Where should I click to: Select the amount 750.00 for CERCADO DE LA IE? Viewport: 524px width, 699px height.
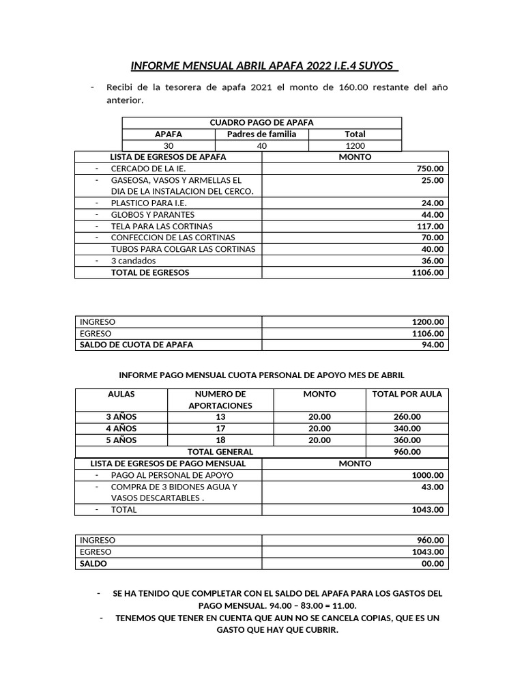pyautogui.click(x=430, y=169)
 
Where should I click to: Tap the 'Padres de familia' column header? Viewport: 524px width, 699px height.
pyautogui.click(x=261, y=134)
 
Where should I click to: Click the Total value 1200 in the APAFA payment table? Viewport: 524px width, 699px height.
pyautogui.click(x=355, y=145)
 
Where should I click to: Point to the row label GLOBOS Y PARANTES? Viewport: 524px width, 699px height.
pyautogui.click(x=152, y=214)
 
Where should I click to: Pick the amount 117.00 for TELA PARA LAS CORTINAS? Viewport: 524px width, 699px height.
pyautogui.click(x=430, y=226)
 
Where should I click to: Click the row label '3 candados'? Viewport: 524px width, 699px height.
pyautogui.click(x=133, y=261)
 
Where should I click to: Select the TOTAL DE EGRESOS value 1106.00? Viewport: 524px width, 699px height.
pyautogui.click(x=428, y=272)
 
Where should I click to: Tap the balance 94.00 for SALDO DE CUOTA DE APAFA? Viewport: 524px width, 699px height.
pyautogui.click(x=433, y=345)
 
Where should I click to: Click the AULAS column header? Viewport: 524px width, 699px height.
pyautogui.click(x=121, y=394)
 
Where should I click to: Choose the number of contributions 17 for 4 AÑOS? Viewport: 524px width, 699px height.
pyautogui.click(x=220, y=429)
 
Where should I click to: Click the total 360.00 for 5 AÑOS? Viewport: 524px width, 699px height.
pyautogui.click(x=407, y=440)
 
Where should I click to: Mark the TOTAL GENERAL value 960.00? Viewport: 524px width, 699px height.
pyautogui.click(x=407, y=452)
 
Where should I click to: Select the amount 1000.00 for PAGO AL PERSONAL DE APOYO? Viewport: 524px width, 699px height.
pyautogui.click(x=428, y=475)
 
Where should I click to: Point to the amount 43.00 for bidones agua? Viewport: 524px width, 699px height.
pyautogui.click(x=433, y=487)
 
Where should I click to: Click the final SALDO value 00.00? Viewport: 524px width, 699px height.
pyautogui.click(x=433, y=564)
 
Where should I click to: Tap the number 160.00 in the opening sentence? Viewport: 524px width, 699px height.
pyautogui.click(x=354, y=87)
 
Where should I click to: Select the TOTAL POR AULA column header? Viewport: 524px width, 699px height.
pyautogui.click(x=407, y=394)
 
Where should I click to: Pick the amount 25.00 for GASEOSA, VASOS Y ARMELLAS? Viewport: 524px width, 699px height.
pyautogui.click(x=433, y=180)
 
